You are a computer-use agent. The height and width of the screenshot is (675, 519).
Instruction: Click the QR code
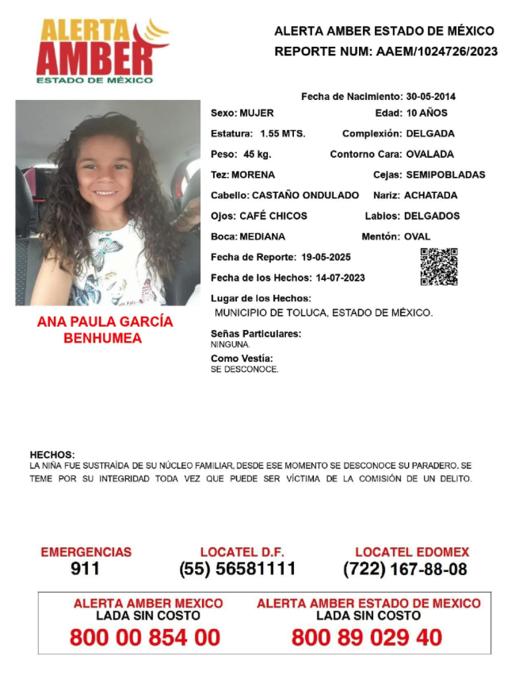pyautogui.click(x=439, y=267)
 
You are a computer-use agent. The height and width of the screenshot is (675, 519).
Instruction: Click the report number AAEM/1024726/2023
pyautogui.click(x=434, y=52)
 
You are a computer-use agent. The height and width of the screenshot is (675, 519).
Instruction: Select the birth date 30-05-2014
pyautogui.click(x=431, y=97)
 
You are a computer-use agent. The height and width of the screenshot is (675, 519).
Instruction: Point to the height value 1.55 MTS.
pyautogui.click(x=283, y=133)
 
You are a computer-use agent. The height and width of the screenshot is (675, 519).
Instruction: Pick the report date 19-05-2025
pyautogui.click(x=326, y=257)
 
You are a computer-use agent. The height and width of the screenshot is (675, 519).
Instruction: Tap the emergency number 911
pyautogui.click(x=86, y=569)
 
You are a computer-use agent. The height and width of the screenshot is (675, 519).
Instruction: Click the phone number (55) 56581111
pyautogui.click(x=238, y=569)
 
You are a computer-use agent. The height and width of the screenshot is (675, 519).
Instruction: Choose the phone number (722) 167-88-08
pyautogui.click(x=405, y=569)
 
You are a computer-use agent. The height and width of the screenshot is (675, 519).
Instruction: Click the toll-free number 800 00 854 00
pyautogui.click(x=145, y=637)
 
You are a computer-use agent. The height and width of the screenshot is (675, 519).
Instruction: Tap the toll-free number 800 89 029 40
pyautogui.click(x=367, y=637)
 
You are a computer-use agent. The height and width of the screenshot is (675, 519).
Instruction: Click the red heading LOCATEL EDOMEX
pyautogui.click(x=412, y=552)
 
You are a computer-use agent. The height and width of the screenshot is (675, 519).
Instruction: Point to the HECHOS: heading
pyautogui.click(x=52, y=454)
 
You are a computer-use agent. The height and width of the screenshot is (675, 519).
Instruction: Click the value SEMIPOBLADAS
pyautogui.click(x=445, y=175)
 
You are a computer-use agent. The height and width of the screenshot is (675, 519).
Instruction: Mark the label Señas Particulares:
pyautogui.click(x=256, y=334)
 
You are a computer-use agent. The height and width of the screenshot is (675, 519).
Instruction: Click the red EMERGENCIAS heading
pyautogui.click(x=86, y=552)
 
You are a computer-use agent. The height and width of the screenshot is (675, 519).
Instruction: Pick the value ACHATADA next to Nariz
pyautogui.click(x=430, y=195)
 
